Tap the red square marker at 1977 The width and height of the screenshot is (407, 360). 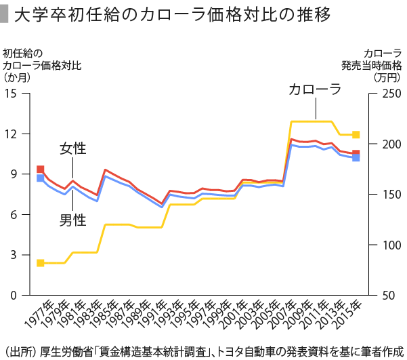pos(40,169)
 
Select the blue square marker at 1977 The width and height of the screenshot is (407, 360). pos(40,178)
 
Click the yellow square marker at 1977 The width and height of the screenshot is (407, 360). pos(40,263)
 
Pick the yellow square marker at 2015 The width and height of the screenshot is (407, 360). pos(356,135)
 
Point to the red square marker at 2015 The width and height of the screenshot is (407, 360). pos(356,153)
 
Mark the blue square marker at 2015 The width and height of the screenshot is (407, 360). pos(356,158)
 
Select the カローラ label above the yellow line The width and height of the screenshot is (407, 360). pos(315,89)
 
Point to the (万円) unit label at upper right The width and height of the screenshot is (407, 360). pos(387,77)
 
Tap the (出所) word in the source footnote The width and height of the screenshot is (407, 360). pos(20,351)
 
